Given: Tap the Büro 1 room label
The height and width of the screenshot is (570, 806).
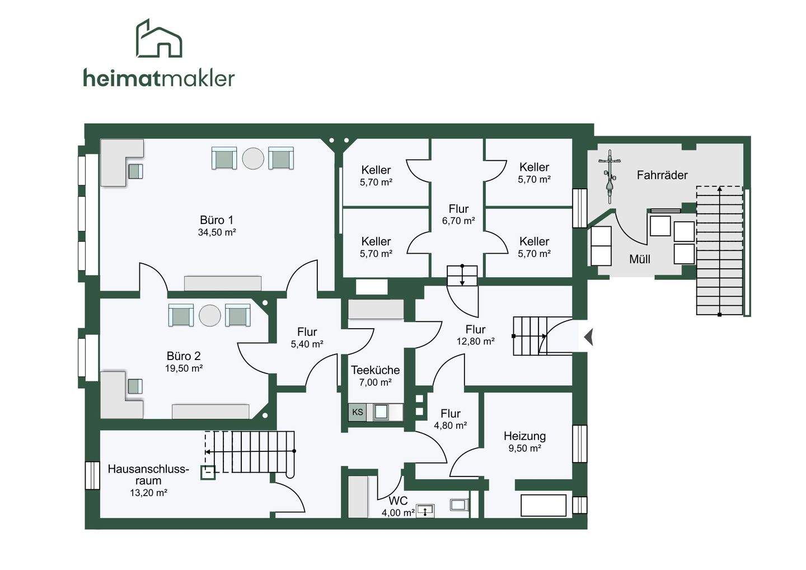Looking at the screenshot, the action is coord(217,220).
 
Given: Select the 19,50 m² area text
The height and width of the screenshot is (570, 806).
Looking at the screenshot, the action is coord(184,368).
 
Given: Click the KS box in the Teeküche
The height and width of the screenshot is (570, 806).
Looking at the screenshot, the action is coord(358,413).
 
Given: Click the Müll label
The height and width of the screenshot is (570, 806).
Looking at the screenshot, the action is coord(640,259).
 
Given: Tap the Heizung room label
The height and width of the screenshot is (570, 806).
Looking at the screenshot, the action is coord(524,436).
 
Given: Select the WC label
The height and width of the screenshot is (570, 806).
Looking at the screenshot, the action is coord(399,501).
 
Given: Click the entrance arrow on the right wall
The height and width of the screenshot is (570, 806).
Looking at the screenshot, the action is coord(588,338).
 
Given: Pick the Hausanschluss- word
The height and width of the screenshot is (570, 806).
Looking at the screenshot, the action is coord(148,469).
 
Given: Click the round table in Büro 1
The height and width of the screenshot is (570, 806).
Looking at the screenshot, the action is coord(253,158).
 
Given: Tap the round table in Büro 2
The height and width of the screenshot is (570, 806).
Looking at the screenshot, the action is coord(210,316).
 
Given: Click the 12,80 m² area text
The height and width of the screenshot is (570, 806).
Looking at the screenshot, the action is coord(476,342).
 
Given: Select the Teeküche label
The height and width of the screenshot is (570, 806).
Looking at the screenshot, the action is coord(375,370).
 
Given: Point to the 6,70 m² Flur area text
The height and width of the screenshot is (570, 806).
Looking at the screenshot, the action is coord(458,221).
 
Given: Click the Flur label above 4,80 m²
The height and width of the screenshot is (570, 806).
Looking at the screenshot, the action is coord(451,413).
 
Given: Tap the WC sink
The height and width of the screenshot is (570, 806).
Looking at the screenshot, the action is coord(425,511).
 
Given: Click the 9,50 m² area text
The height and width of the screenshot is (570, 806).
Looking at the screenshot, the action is coord(524,448).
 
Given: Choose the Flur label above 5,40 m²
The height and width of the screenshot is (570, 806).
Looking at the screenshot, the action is coord(307,332).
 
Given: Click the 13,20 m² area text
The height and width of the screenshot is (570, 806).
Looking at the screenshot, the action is coord(148,493).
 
